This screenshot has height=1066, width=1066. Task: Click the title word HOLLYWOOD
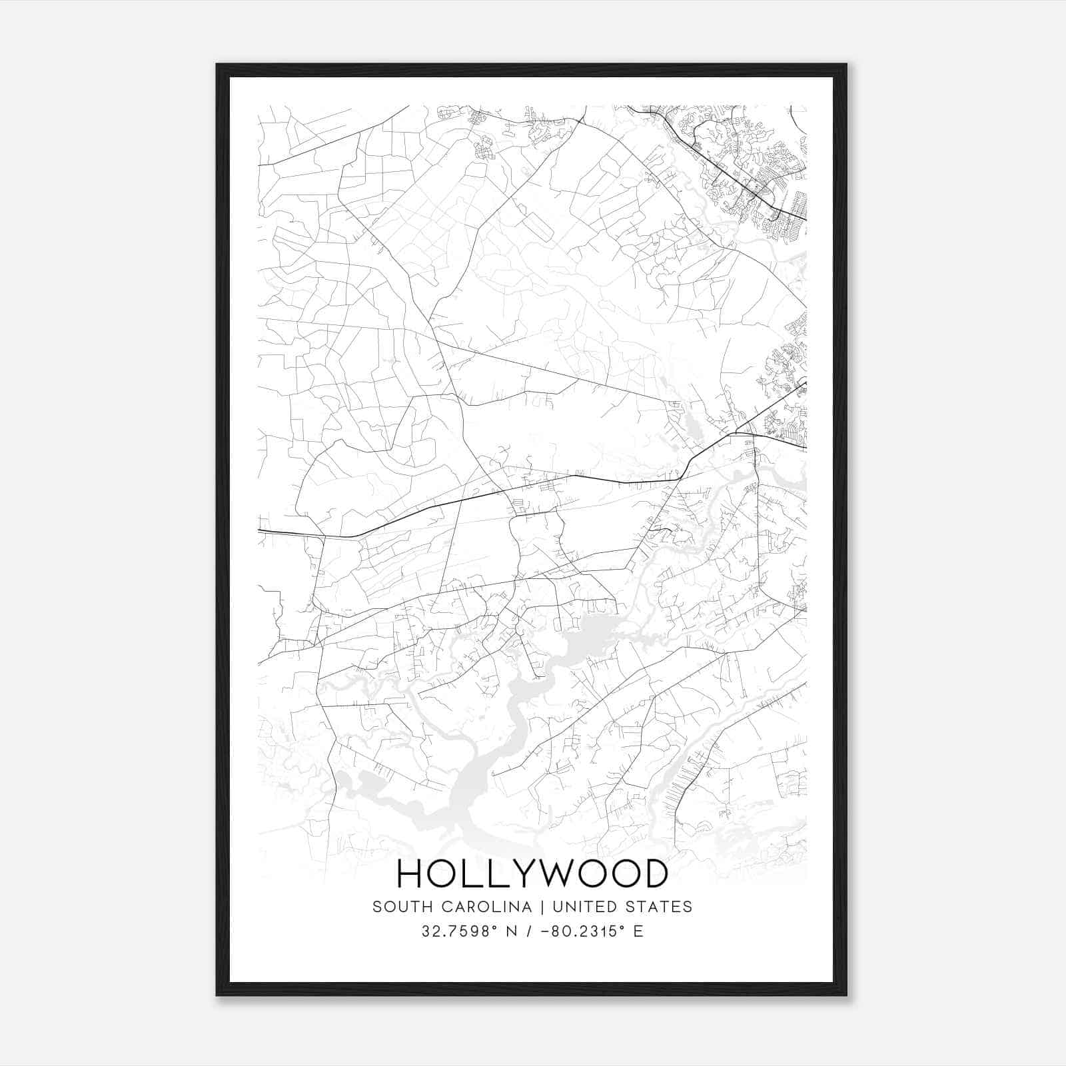(x=532, y=873)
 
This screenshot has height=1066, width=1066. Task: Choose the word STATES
(x=660, y=907)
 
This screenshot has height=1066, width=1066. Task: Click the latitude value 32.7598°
(x=459, y=931)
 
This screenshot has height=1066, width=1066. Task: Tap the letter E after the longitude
(x=638, y=931)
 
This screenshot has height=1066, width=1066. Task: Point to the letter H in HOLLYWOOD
(x=410, y=873)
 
